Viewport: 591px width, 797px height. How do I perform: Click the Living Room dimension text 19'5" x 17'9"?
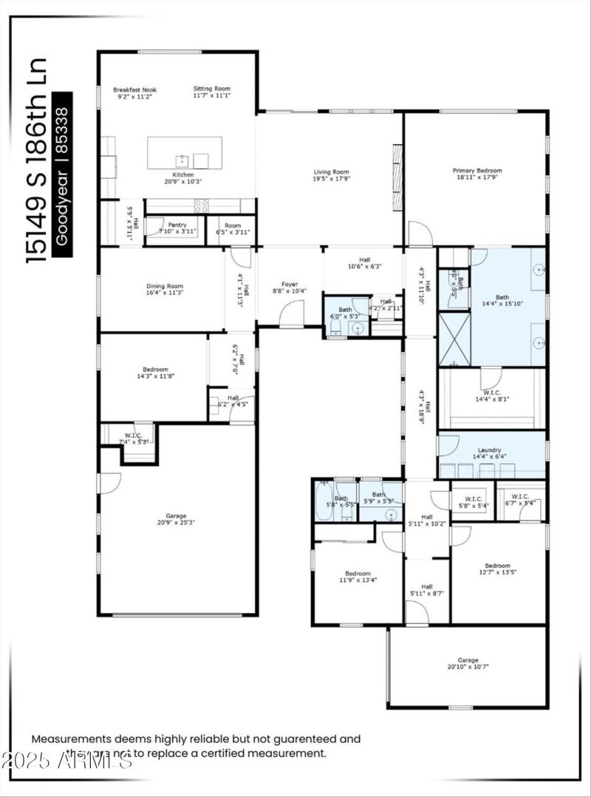point(331,178)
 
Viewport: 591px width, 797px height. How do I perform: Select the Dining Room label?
point(164,286)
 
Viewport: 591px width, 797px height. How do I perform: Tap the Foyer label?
point(290,283)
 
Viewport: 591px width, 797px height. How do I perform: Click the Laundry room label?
point(489,450)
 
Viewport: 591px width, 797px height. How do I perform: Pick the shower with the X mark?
point(454,339)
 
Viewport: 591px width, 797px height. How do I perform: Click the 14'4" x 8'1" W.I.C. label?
point(491,399)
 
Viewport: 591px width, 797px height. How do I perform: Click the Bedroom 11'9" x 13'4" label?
point(358,574)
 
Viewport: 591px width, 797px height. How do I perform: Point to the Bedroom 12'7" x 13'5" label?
point(497,566)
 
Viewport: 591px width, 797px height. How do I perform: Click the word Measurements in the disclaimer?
point(71,738)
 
